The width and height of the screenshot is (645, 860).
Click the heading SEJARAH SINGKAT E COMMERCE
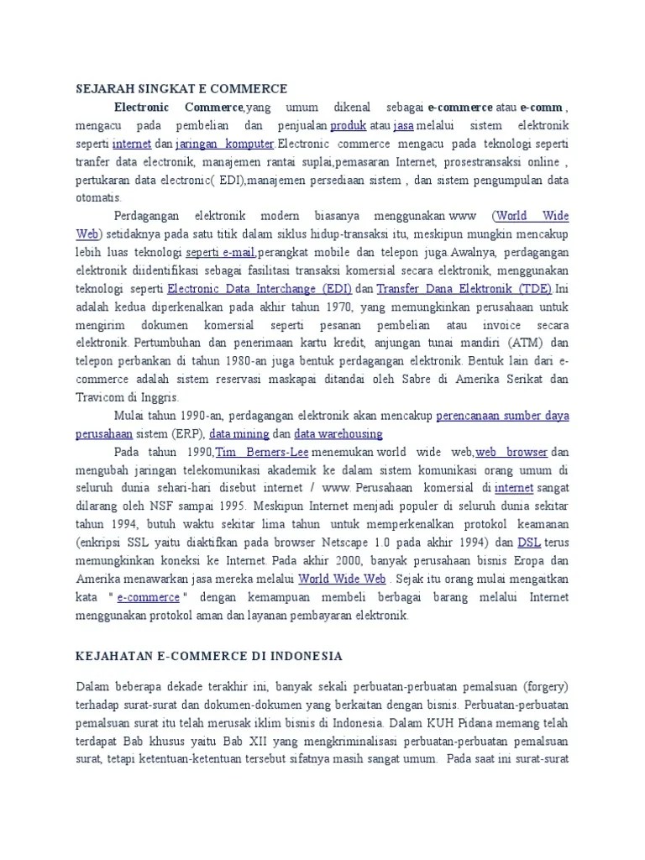(x=181, y=88)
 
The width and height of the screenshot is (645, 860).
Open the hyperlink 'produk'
(x=347, y=125)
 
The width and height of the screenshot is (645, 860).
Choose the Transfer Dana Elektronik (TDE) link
(x=464, y=288)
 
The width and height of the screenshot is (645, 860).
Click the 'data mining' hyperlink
(x=239, y=434)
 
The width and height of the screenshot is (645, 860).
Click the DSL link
(x=528, y=543)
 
